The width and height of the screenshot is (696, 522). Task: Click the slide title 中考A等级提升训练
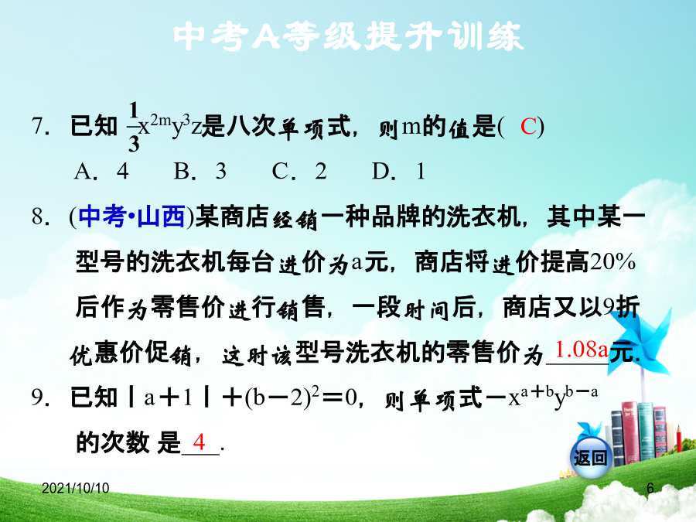[x=349, y=36]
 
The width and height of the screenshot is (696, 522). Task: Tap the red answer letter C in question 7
[x=529, y=127]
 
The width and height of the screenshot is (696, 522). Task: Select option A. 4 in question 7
[x=101, y=171]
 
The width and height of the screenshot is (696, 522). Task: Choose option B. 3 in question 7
[x=200, y=171]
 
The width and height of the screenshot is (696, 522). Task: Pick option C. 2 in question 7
[x=299, y=171]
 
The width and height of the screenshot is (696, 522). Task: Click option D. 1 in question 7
[x=398, y=171]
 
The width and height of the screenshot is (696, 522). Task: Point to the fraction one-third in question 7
[x=133, y=127]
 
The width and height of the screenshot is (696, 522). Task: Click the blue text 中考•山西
[x=131, y=217]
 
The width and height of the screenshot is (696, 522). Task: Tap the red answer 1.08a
[x=582, y=350]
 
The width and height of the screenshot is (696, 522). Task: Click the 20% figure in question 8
[x=612, y=262]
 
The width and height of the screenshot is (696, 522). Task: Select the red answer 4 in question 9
[x=199, y=442]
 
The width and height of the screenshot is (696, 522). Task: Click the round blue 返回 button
[x=590, y=457]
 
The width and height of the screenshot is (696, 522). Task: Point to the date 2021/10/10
[x=76, y=488]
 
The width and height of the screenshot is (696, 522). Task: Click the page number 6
[x=650, y=488]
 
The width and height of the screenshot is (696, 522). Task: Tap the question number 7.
[x=40, y=127]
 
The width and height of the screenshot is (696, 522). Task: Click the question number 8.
[x=40, y=217]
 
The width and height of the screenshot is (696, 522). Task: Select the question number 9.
[x=40, y=397]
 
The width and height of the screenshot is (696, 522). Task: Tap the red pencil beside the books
[x=679, y=438]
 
